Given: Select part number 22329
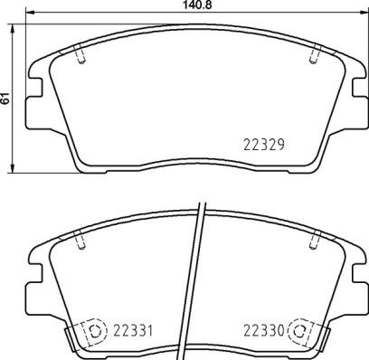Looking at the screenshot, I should (265, 143).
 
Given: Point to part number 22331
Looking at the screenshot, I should (131, 329).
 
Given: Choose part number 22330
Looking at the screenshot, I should (265, 329).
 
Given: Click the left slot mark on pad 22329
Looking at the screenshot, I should (82, 56).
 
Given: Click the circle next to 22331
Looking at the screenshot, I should (94, 330).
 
